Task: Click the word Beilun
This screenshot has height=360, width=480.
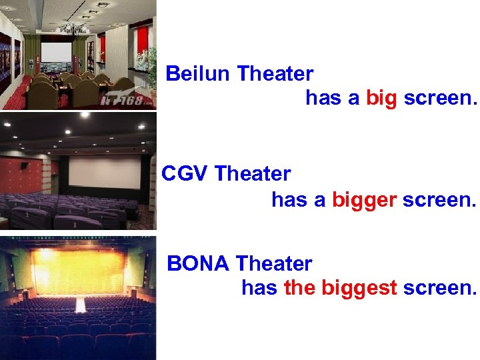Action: click(x=199, y=73)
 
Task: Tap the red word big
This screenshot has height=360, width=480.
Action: click(x=381, y=99)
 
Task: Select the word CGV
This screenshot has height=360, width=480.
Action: click(x=185, y=174)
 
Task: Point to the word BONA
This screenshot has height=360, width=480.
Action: click(x=198, y=264)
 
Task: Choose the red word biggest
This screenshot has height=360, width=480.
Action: click(x=359, y=289)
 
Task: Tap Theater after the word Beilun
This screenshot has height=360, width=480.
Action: click(x=275, y=73)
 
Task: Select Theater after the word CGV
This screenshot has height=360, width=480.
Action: click(x=253, y=174)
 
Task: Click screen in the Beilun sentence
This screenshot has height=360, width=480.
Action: click(x=441, y=99)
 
